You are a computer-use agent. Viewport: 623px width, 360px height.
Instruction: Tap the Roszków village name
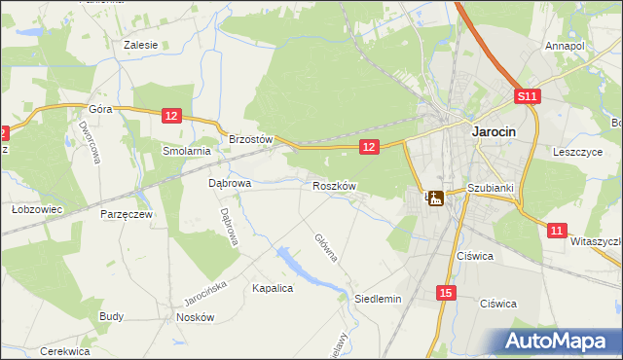pos(336,185)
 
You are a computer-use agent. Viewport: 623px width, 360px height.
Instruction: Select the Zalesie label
pos(141,45)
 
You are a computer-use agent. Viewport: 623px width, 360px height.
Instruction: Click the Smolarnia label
pos(187,151)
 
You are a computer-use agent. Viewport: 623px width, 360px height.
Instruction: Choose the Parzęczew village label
pos(126,213)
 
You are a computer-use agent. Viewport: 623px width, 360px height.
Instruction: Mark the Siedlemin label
pos(378,299)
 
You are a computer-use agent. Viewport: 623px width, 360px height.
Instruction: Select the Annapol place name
pos(565,46)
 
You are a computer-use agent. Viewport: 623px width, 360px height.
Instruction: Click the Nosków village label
pos(195,317)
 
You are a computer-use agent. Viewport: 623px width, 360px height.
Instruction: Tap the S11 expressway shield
pos(527,96)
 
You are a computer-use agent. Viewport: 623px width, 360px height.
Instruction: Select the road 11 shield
pos(556,230)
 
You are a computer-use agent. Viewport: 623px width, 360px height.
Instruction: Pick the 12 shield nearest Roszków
pos(368,146)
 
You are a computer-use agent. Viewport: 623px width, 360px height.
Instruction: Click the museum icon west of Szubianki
pos(435,198)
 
